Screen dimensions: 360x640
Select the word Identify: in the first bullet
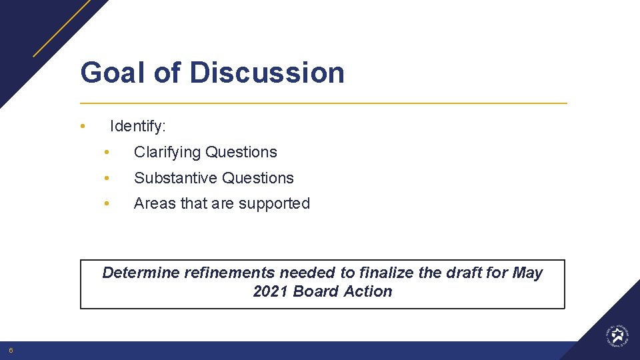point(138,126)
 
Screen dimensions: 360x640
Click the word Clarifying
point(167,153)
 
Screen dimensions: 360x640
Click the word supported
point(279,204)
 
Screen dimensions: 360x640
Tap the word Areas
point(153,204)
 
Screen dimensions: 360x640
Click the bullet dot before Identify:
point(81,126)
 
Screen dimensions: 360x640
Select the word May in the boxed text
point(527,273)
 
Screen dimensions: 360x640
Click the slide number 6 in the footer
point(11,351)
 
